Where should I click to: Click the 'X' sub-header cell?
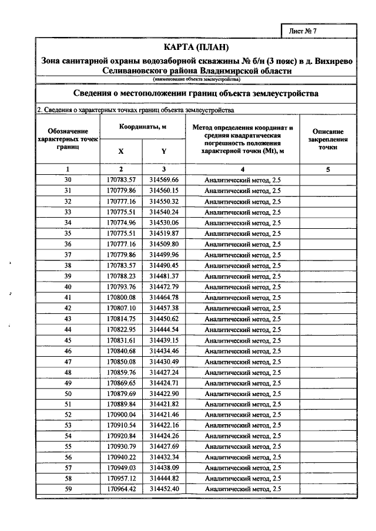coord(121,151)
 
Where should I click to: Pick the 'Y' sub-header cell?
coord(164,151)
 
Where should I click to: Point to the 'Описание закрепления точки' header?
coord(328,140)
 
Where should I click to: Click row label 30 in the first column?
coord(68,180)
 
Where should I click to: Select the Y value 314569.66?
coord(164,180)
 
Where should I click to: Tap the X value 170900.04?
coord(122,414)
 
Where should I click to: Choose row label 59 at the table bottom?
coord(68,489)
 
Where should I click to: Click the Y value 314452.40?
coord(164,489)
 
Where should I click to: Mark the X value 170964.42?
coord(122,489)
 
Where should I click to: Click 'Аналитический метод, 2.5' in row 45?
coord(243,340)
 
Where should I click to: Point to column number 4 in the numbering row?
coord(243,169)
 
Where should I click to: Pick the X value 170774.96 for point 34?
coord(122,222)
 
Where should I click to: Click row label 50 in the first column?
coord(68,393)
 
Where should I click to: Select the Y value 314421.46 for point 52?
coord(164,414)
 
